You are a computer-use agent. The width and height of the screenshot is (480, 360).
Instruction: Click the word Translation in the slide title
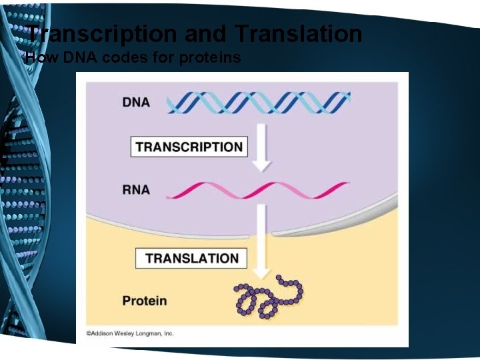coord(299,33)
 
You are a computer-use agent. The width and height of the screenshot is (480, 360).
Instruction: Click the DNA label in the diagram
coord(136,103)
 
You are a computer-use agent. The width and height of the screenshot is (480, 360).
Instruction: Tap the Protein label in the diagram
coord(145,301)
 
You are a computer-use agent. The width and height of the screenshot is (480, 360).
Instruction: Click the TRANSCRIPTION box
coord(189,147)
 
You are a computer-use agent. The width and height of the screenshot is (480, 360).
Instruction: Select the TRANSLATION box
coord(192,258)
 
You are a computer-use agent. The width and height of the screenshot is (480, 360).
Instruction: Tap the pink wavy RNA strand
coord(257,190)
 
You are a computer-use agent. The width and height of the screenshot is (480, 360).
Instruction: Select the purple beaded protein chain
coord(267,297)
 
